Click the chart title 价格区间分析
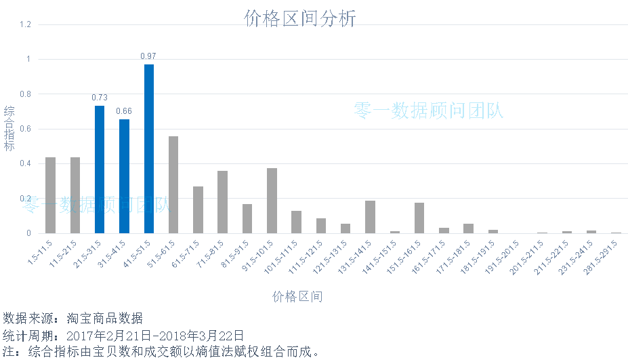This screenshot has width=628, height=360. pyautogui.click(x=299, y=19)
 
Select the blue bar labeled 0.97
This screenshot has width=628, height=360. pyautogui.click(x=149, y=149)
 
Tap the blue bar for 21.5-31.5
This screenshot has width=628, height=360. pyautogui.click(x=100, y=169)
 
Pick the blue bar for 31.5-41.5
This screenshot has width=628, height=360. pyautogui.click(x=125, y=176)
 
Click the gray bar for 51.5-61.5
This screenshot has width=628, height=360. pyautogui.click(x=173, y=184)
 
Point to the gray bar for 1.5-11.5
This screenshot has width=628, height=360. pyautogui.click(x=50, y=195)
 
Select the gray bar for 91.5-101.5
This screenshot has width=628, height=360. pyautogui.click(x=272, y=201)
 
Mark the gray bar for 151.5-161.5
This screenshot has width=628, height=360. pyautogui.click(x=419, y=218)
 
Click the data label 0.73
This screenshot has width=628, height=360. pyautogui.click(x=100, y=98)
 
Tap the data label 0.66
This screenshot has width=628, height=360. pyautogui.click(x=124, y=111)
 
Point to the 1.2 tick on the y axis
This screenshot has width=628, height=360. pyautogui.click(x=26, y=24)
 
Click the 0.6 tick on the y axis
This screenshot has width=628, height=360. pyautogui.click(x=26, y=129)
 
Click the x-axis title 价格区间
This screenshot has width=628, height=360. pyautogui.click(x=297, y=297)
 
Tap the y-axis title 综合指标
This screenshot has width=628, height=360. pyautogui.click(x=9, y=129)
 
